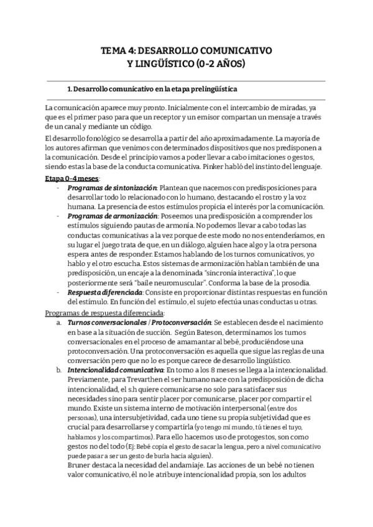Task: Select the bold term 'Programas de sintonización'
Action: point(113,187)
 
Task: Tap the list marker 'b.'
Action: point(58,369)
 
